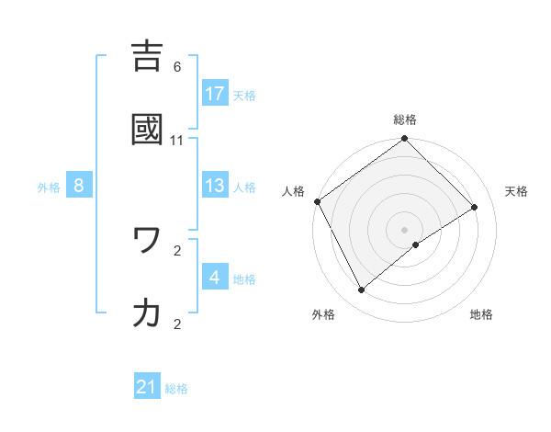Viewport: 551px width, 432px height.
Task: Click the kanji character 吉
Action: pos(150,57)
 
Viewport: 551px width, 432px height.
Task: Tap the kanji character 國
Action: pos(150,130)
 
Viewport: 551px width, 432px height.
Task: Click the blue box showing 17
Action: pos(215,93)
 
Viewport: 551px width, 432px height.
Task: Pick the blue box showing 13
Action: pos(215,186)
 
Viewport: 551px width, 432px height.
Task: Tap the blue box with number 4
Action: pos(215,277)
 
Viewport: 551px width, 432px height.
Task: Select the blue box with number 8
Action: pos(79,186)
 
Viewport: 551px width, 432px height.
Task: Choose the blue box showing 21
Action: pos(147,387)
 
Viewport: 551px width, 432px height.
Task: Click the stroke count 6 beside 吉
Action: pos(177,67)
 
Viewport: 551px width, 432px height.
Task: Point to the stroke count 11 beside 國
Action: pos(177,141)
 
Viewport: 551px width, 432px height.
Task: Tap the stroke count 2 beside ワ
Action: pos(177,250)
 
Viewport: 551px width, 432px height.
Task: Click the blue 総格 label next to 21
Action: pos(176,389)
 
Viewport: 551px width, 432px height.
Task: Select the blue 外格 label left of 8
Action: pos(49,187)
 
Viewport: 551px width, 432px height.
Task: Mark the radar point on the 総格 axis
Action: pos(404,140)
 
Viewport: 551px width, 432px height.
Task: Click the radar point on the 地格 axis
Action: pos(416,244)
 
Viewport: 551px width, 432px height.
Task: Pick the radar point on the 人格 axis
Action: pos(317,201)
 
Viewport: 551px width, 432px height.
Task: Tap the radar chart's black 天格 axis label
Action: pos(516,191)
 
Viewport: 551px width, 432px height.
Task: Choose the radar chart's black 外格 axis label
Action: pos(323,315)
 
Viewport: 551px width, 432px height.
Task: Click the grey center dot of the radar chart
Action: pos(404,229)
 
